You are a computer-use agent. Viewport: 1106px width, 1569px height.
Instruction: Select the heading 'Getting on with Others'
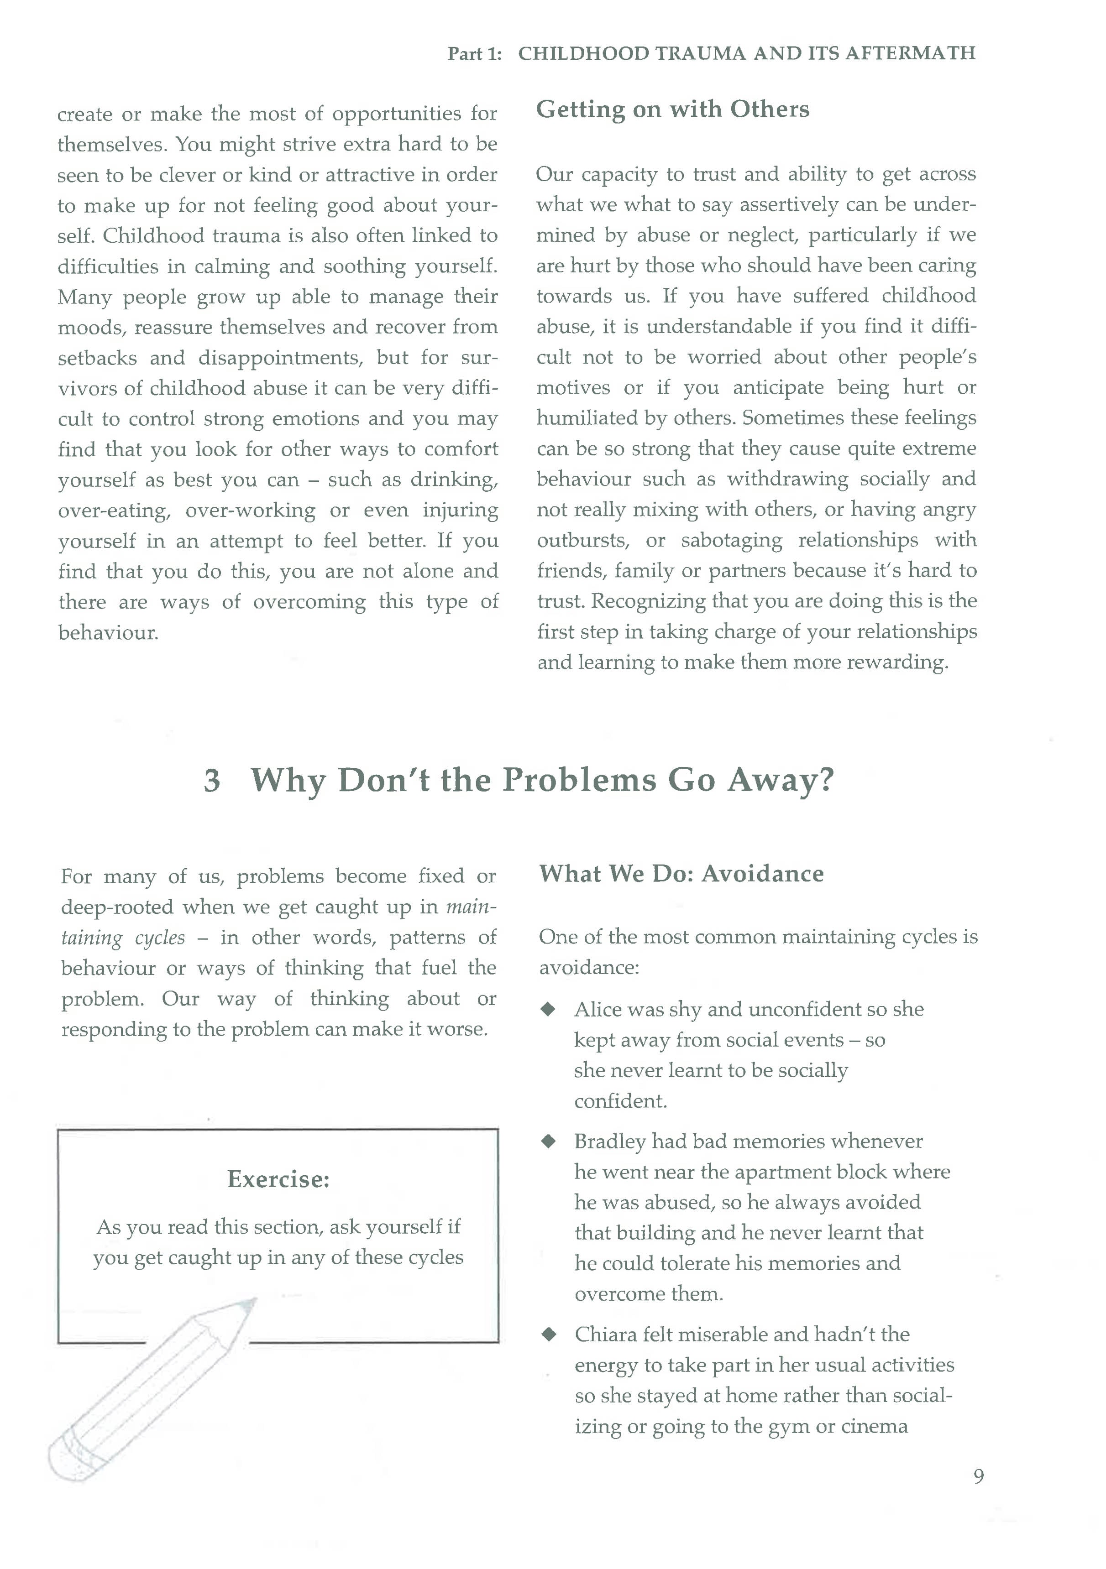pos(673,109)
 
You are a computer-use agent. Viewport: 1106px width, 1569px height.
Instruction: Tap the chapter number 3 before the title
pos(212,781)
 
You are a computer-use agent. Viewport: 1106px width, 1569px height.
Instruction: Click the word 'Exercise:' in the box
pos(278,1179)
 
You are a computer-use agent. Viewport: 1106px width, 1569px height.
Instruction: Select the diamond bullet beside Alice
pos(548,1009)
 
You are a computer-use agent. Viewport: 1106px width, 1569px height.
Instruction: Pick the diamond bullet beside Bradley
pos(548,1141)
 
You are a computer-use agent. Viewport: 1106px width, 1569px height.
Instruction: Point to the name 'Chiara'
pos(606,1334)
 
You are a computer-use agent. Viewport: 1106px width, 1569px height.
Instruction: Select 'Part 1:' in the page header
pos(474,54)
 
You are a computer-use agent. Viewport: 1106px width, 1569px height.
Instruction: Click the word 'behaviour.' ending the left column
pos(108,633)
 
